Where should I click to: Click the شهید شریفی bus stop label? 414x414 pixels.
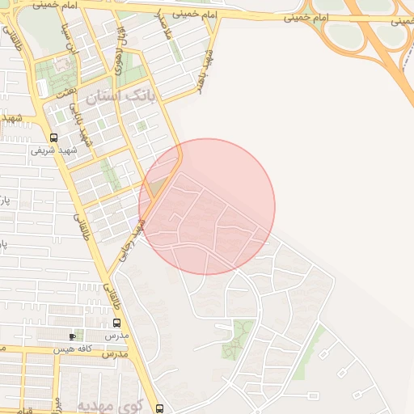point(53,150)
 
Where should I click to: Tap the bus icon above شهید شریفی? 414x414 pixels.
point(53,137)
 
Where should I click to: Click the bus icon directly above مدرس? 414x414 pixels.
point(117,323)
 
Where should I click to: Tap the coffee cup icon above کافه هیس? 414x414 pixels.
point(74,336)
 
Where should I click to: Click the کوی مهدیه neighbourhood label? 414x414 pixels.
point(109,403)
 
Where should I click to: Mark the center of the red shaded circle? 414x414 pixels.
point(207,206)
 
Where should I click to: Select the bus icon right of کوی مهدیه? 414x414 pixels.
point(159,408)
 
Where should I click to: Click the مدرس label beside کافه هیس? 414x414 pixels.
point(116,353)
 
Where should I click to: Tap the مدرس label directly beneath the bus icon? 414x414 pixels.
point(117,335)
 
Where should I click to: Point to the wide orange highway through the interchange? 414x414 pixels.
point(380,49)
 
